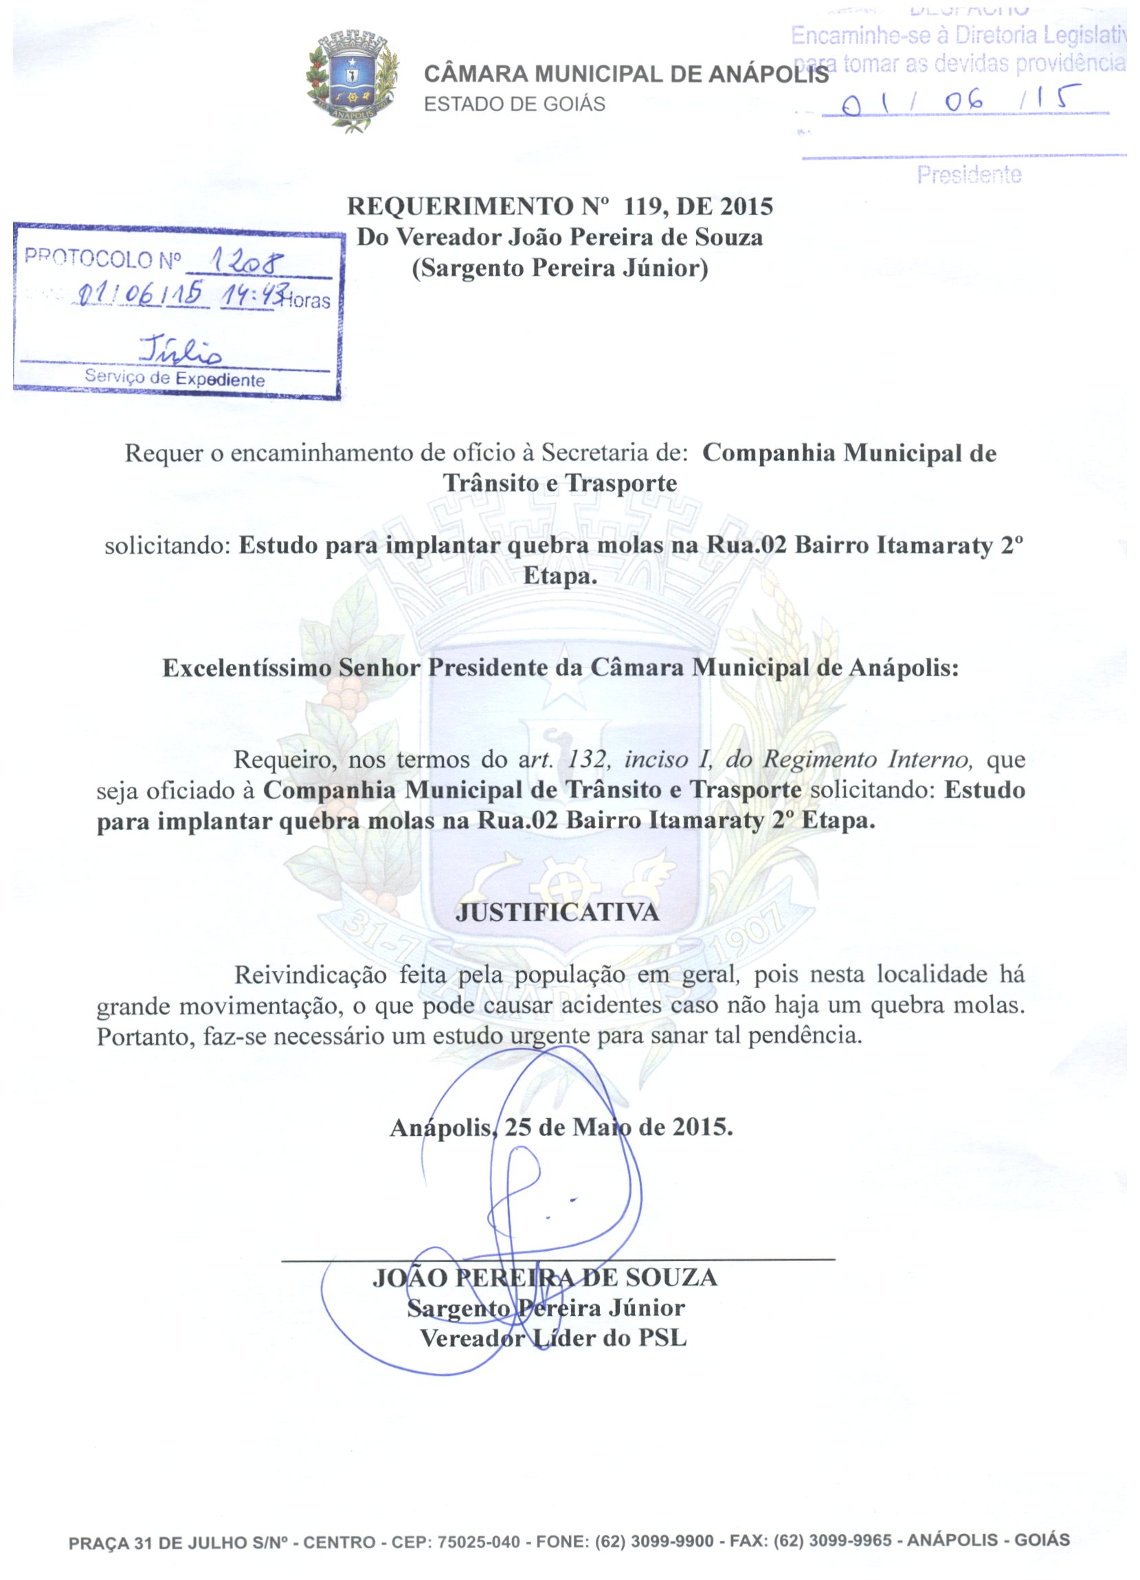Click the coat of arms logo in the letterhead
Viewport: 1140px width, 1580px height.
(353, 82)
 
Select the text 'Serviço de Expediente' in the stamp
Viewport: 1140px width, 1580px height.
(175, 378)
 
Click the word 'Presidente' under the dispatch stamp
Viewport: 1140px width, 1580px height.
(969, 174)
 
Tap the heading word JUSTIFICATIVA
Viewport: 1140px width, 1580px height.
(557, 913)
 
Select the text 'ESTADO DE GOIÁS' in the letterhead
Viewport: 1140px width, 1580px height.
(515, 104)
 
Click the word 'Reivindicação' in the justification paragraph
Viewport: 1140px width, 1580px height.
(310, 975)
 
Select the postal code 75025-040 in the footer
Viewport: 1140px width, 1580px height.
(478, 1541)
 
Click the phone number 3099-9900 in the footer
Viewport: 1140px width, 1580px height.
(671, 1541)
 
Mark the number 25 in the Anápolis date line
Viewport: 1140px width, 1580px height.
(519, 1126)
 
